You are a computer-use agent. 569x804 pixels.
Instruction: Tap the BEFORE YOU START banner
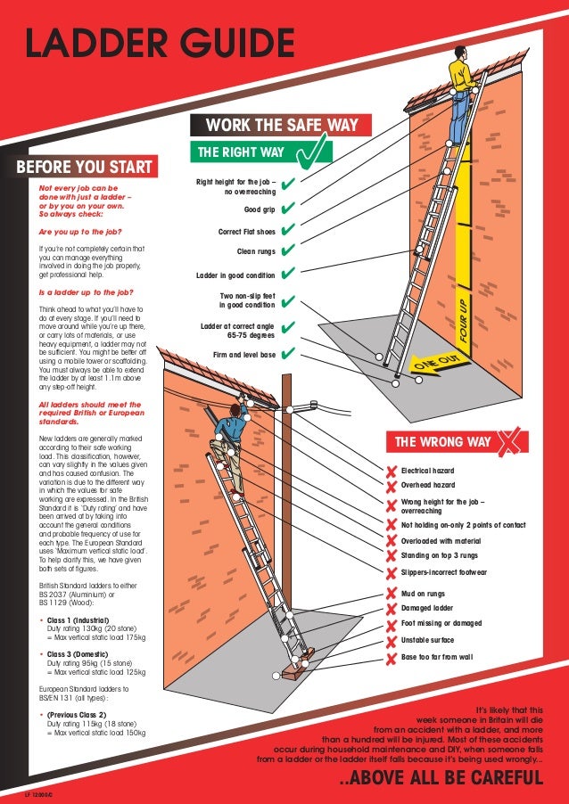84,168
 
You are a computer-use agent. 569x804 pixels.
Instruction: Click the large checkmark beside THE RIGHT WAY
314,152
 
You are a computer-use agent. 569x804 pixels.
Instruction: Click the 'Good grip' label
260,210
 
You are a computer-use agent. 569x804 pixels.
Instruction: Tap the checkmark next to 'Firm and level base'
288,355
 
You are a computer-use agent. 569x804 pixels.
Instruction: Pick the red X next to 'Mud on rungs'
391,594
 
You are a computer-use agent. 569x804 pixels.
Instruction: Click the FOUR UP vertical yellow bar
463,284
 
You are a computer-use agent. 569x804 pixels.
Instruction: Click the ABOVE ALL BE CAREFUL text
442,779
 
